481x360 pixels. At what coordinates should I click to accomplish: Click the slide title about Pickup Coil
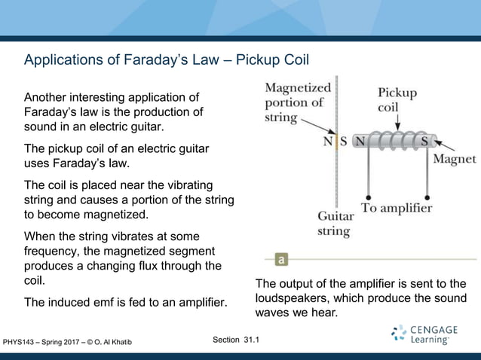167,59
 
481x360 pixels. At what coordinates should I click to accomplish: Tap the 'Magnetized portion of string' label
297,102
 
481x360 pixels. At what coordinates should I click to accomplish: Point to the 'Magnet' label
454,159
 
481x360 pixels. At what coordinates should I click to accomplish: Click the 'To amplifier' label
397,208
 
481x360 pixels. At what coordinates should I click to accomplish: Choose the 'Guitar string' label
333,224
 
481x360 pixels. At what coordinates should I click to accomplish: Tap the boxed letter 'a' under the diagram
281,260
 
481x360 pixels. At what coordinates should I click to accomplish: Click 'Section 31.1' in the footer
236,340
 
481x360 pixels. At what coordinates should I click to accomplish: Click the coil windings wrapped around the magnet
394,141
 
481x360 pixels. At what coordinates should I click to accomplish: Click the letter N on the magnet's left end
360,141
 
